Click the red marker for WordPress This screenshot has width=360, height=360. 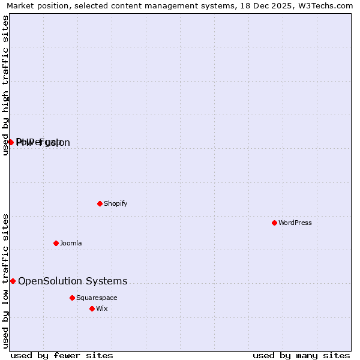pos(274,223)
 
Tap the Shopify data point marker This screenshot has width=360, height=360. pos(100,203)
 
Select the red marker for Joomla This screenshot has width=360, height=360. pos(56,243)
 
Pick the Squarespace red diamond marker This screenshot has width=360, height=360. pos(72,298)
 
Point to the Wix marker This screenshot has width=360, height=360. pos(92,308)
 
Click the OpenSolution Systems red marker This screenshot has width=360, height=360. pos(13,281)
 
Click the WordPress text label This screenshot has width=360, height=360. pos(295,223)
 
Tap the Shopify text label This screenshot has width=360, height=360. pos(116,203)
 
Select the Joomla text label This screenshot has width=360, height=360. pos(71,243)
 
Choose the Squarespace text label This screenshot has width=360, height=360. pos(97,298)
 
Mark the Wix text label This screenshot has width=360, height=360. pos(101,308)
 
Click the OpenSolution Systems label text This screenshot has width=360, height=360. pos(73,281)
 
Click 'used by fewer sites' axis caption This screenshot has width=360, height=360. pos(62,355)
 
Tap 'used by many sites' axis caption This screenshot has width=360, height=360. pos(301,355)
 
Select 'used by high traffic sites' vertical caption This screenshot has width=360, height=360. pos(6,85)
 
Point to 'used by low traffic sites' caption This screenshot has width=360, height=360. pos(6,281)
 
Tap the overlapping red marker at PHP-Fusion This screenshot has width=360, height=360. pos(11,142)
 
